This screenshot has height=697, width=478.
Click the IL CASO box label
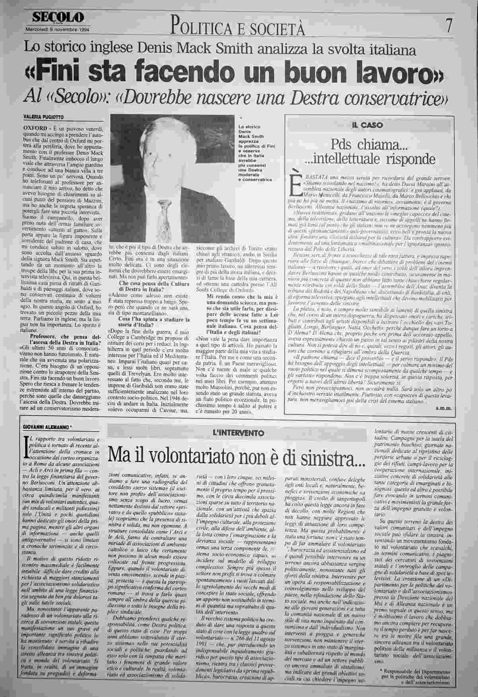click(367, 125)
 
